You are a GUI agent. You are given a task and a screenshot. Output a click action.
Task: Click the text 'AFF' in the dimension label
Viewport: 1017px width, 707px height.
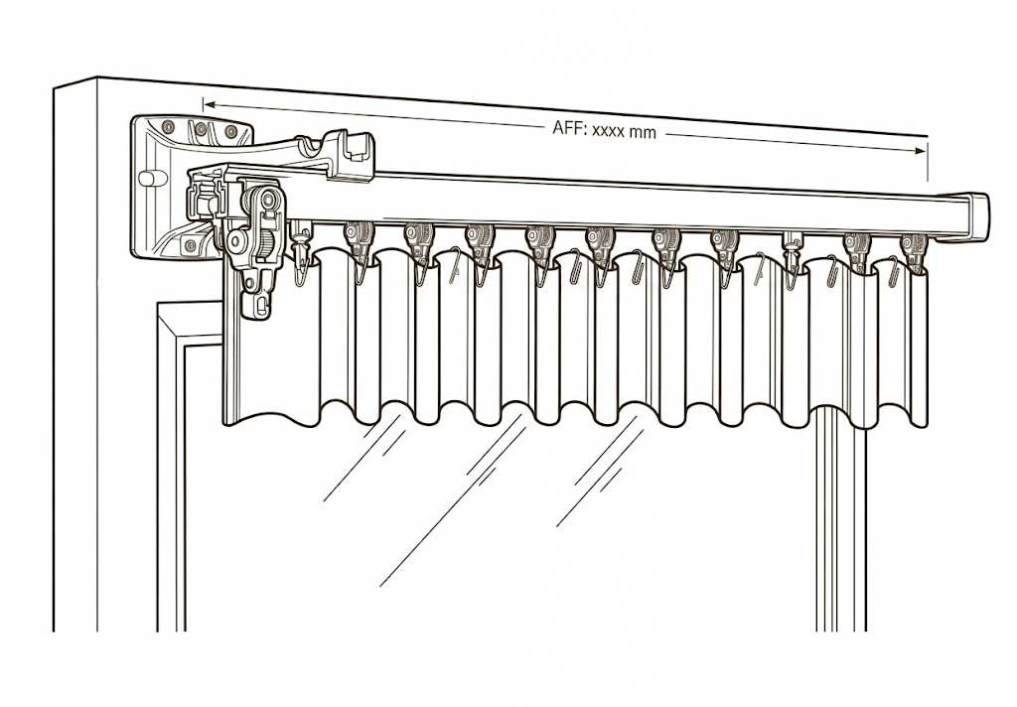pyautogui.click(x=567, y=128)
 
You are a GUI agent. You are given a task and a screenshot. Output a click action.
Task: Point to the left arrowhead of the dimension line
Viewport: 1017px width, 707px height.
pyautogui.click(x=210, y=104)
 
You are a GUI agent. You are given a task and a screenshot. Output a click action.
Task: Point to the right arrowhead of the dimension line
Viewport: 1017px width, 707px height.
pyautogui.click(x=921, y=151)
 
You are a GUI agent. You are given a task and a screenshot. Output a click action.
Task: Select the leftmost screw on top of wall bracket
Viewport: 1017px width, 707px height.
pyautogui.click(x=169, y=124)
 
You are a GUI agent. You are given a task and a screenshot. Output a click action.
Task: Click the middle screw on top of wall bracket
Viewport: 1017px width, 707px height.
pyautogui.click(x=201, y=127)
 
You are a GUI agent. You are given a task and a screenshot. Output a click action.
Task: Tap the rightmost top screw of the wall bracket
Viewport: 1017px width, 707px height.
pyautogui.click(x=230, y=132)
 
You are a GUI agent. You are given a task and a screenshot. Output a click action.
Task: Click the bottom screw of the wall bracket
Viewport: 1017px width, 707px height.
pyautogui.click(x=190, y=244)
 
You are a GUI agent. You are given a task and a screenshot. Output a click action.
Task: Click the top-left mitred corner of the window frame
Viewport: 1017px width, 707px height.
pyautogui.click(x=158, y=304)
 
